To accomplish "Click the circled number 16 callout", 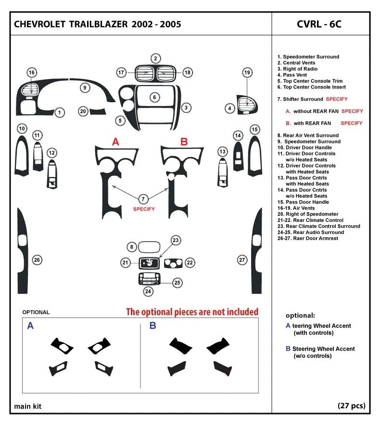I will pos(32,73).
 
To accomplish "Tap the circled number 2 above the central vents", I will pos(155,59).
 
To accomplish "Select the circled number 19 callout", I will pos(247,73).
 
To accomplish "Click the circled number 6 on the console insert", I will pos(154,98).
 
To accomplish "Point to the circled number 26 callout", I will pos(37,260).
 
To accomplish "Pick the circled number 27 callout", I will pos(242,260).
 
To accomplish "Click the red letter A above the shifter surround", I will pos(115,142).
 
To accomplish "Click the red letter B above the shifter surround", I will pos(184,142).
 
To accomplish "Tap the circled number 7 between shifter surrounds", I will pos(143,198).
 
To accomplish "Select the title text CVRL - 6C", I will pos(319,24).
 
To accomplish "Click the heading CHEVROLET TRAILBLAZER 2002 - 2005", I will pos(98,24).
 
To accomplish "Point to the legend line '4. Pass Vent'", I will pos(293,75).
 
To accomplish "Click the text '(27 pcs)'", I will pos(352,406).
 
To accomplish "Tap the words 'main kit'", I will pos(27,406).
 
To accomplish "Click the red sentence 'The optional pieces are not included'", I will pos(192,312).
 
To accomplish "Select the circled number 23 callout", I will pos(176,240).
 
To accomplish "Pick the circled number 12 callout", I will pos(52,153).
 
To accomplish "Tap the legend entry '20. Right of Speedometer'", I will pos(307,214).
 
